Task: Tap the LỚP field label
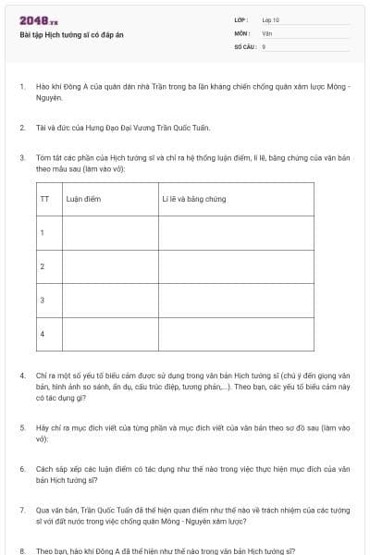click(x=242, y=19)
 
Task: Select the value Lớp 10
click(x=271, y=19)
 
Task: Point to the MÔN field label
click(x=242, y=32)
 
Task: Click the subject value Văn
click(x=267, y=32)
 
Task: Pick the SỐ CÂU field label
click(x=244, y=45)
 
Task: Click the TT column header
click(x=44, y=198)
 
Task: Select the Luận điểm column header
click(x=83, y=198)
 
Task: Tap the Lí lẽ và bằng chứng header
click(x=193, y=198)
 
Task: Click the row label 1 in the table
click(x=43, y=232)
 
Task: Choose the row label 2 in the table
click(x=43, y=266)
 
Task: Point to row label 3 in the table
click(x=43, y=300)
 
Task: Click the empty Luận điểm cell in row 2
click(x=108, y=266)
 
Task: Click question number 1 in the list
click(x=21, y=87)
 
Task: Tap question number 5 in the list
click(x=21, y=428)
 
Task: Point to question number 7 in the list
click(x=21, y=510)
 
